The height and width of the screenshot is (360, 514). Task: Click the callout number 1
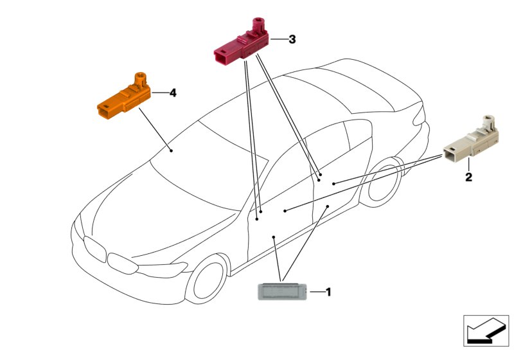coord(328,292)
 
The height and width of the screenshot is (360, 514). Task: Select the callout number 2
coord(469,177)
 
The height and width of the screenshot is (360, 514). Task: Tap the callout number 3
coord(292,39)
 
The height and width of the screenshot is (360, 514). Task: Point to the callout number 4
coord(173,93)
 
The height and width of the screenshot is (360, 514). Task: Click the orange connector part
coord(124,96)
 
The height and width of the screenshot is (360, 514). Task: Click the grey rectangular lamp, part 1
coord(282,291)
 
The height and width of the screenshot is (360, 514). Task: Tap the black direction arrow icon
coord(486,330)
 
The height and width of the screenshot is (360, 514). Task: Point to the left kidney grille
coord(94,249)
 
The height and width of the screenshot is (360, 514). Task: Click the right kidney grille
coord(123,263)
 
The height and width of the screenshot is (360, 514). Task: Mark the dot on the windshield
coord(171,150)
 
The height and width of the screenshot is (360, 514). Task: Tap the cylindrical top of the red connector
coord(258,24)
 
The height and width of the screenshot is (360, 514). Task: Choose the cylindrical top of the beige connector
coord(490,122)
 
